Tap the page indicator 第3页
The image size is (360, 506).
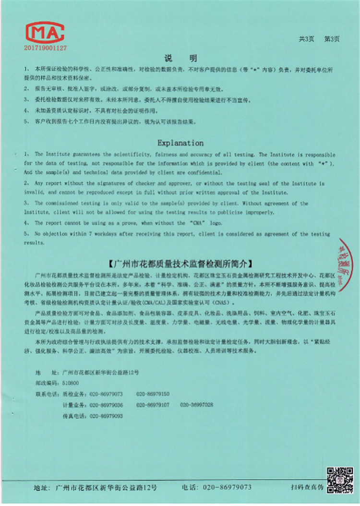click(332, 39)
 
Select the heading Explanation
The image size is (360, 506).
click(180, 143)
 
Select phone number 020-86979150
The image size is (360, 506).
click(153, 394)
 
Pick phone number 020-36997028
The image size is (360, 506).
click(196, 405)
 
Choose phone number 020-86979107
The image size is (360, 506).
click(153, 405)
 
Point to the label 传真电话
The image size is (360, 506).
click(74, 416)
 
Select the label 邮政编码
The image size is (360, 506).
click(46, 383)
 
